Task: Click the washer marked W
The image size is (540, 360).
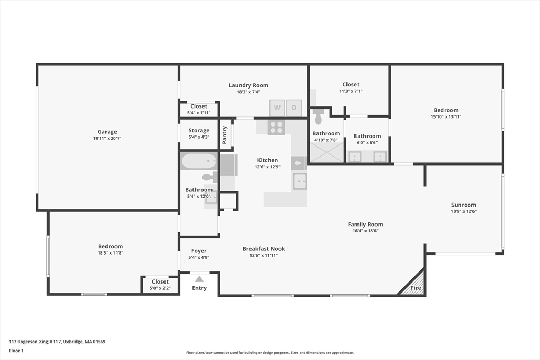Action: click(x=277, y=108)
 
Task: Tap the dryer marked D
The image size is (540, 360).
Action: click(x=294, y=108)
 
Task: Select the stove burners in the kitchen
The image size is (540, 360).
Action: click(x=276, y=128)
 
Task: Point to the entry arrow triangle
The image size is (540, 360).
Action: click(x=199, y=279)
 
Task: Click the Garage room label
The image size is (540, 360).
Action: click(x=107, y=131)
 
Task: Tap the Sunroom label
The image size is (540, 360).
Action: click(x=464, y=205)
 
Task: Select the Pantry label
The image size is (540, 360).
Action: click(x=225, y=134)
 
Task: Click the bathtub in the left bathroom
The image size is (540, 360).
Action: click(x=199, y=161)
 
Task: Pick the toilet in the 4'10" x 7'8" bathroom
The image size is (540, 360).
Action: click(x=319, y=116)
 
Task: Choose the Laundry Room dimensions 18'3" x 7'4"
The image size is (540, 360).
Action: click(x=248, y=92)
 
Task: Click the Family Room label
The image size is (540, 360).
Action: click(x=365, y=225)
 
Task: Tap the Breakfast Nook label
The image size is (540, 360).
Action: click(x=264, y=249)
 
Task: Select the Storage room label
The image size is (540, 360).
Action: click(x=199, y=130)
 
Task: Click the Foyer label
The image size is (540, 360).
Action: click(x=199, y=251)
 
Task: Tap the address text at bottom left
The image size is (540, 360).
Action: click(x=57, y=342)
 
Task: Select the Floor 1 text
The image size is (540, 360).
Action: click(x=16, y=351)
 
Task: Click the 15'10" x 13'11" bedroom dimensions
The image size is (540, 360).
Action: click(x=446, y=116)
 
